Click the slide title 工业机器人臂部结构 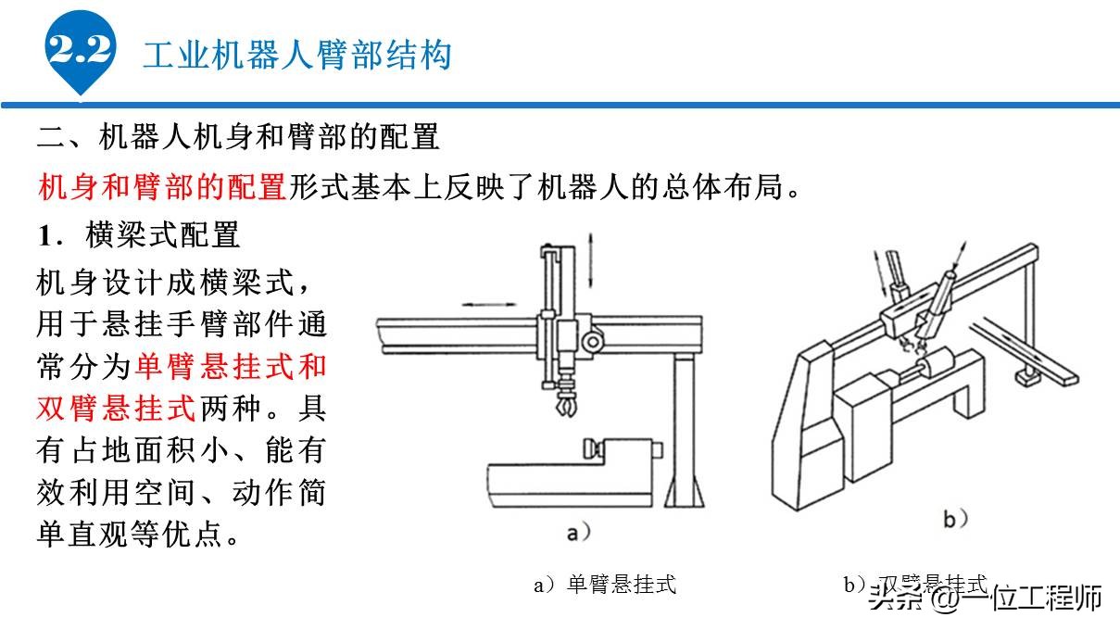(296, 55)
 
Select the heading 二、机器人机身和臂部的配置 (238, 138)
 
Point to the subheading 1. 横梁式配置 (139, 234)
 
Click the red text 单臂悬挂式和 (231, 366)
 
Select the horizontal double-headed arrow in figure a (488, 304)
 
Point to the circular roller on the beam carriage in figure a (594, 344)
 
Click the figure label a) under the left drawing (578, 532)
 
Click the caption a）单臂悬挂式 (605, 584)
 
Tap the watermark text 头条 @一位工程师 (986, 598)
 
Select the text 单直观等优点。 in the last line (139, 535)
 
